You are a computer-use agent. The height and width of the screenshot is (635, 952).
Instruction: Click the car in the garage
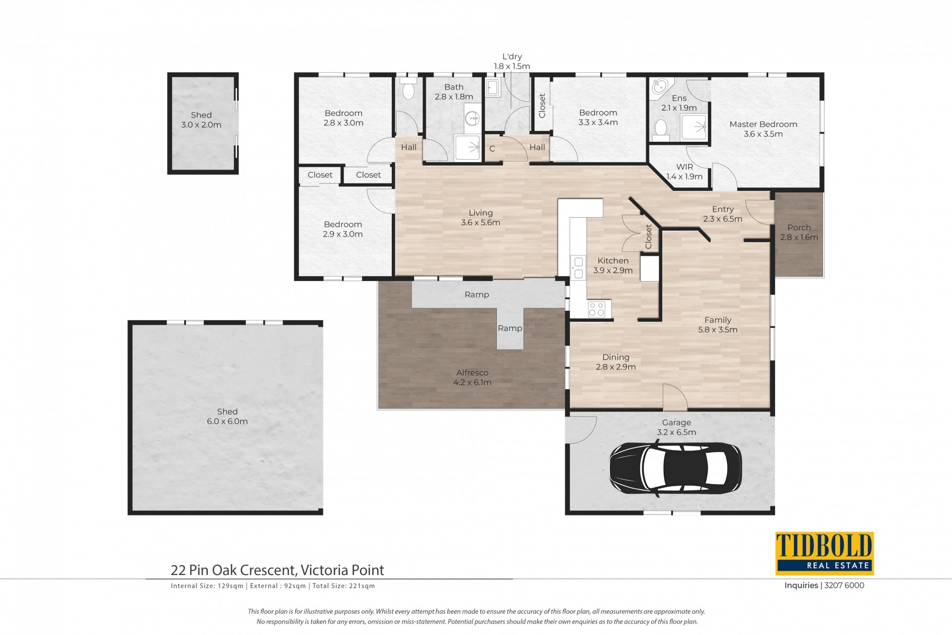[x=675, y=468]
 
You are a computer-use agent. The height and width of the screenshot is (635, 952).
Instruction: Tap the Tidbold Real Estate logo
[x=824, y=553]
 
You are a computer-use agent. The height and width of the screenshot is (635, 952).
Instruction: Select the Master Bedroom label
[x=763, y=124]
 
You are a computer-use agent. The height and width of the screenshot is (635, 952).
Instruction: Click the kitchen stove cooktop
[x=596, y=310]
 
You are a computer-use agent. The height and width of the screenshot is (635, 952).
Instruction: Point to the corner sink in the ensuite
[x=660, y=87]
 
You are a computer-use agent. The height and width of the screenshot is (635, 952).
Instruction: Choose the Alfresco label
[x=472, y=373]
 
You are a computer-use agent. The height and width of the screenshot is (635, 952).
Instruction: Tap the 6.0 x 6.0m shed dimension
[x=227, y=421]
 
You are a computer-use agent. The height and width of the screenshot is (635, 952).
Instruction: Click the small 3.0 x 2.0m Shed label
[x=201, y=115]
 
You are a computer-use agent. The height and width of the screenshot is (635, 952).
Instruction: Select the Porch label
[x=799, y=228]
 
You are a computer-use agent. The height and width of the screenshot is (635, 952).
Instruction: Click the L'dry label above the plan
[x=512, y=57]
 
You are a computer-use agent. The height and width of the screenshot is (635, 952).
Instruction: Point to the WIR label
[x=684, y=167]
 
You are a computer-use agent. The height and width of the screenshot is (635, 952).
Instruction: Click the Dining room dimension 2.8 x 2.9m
[x=616, y=367]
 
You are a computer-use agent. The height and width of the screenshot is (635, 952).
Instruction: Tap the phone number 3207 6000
[x=844, y=585]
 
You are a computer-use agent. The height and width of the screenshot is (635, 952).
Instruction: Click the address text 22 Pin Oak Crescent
[x=234, y=570]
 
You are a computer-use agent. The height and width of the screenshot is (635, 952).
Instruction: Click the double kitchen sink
[x=578, y=268]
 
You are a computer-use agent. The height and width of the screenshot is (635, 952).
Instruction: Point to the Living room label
[x=480, y=213]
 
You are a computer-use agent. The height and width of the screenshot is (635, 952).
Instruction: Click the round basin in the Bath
[x=472, y=118]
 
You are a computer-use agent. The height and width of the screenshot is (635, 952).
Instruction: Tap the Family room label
[x=717, y=320]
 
